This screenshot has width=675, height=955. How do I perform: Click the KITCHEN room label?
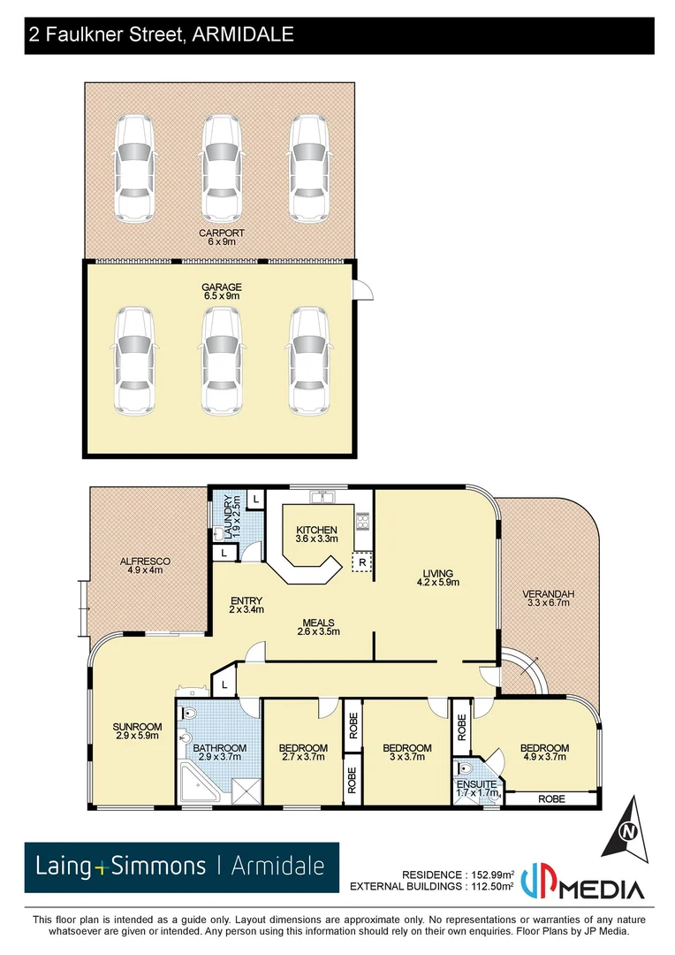tap(315, 530)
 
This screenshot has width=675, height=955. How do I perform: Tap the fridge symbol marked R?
tap(360, 562)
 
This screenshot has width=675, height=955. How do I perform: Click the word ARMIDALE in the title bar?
tap(239, 34)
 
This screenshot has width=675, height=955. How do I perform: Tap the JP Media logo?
tap(582, 880)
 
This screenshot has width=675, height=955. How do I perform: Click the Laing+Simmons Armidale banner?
tap(181, 867)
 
